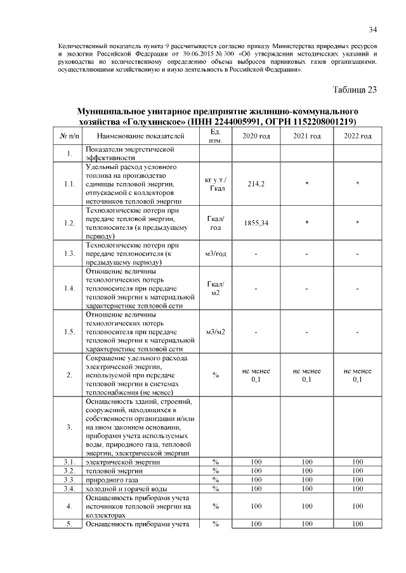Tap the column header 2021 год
click(x=307, y=136)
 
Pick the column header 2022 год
click(x=357, y=136)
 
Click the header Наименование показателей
click(x=141, y=136)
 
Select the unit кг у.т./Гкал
click(x=215, y=183)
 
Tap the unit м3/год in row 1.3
click(x=215, y=254)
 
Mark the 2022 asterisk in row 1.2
click(x=357, y=224)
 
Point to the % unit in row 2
click(x=215, y=375)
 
